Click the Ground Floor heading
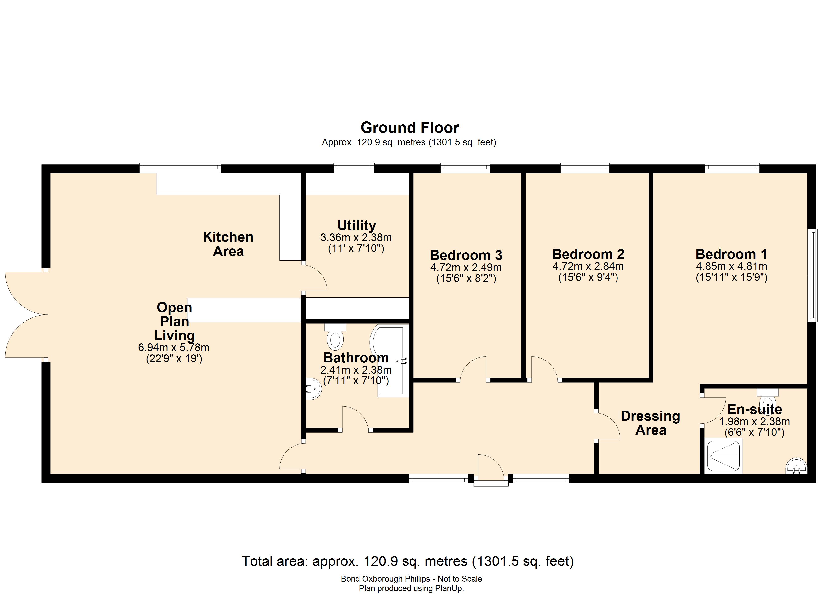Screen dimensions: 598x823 click(410, 128)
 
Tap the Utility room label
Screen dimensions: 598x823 click(356, 225)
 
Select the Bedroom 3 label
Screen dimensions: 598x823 click(466, 255)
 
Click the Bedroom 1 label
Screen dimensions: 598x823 click(731, 254)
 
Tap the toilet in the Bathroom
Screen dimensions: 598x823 click(335, 338)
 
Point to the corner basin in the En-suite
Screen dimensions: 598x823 click(797, 467)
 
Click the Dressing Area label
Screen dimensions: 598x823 click(650, 423)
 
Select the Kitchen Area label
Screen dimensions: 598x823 click(228, 244)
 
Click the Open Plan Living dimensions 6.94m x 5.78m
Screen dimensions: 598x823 click(174, 347)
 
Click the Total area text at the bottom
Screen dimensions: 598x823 click(408, 561)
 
